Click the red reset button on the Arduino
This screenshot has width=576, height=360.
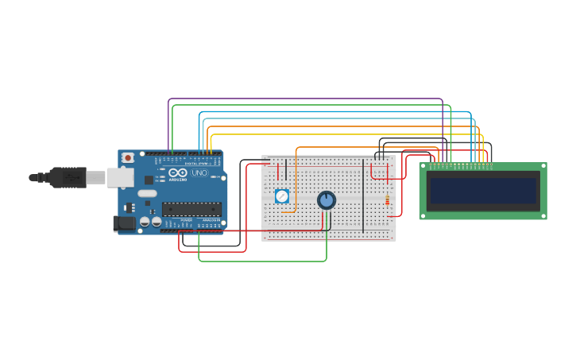[x=128, y=158]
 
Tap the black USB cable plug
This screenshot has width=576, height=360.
[x=67, y=177]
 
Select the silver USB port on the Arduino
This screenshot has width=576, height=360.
[x=120, y=177]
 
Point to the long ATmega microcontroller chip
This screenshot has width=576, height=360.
[x=191, y=209]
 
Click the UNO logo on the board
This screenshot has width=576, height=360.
[x=199, y=172]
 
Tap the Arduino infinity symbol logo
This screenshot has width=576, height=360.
[x=177, y=172]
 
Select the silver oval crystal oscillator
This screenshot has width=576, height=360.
[x=147, y=193]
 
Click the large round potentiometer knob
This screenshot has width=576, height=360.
[x=327, y=200]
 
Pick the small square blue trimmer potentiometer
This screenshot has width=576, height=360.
[x=281, y=195]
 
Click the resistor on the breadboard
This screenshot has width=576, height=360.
[x=388, y=200]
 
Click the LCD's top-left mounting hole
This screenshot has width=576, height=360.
[x=423, y=167]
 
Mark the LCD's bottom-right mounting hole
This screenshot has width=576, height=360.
[x=543, y=215]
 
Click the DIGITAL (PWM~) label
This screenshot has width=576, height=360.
[x=196, y=163]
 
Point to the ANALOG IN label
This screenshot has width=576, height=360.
[x=210, y=220]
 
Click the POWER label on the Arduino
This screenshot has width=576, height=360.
[x=186, y=220]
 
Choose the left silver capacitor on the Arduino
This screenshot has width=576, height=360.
[x=145, y=222]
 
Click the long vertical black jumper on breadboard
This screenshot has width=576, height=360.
[x=363, y=195]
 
